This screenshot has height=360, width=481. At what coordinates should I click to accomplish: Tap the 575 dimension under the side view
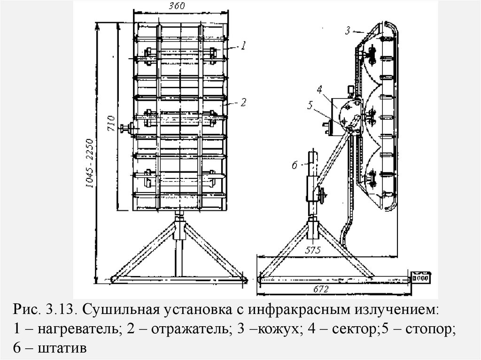click(312, 250)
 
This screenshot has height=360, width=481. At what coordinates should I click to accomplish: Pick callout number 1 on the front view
click(243, 46)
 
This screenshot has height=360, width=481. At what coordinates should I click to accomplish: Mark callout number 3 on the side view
click(347, 31)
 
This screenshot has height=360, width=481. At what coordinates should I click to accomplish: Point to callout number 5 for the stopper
click(310, 105)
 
